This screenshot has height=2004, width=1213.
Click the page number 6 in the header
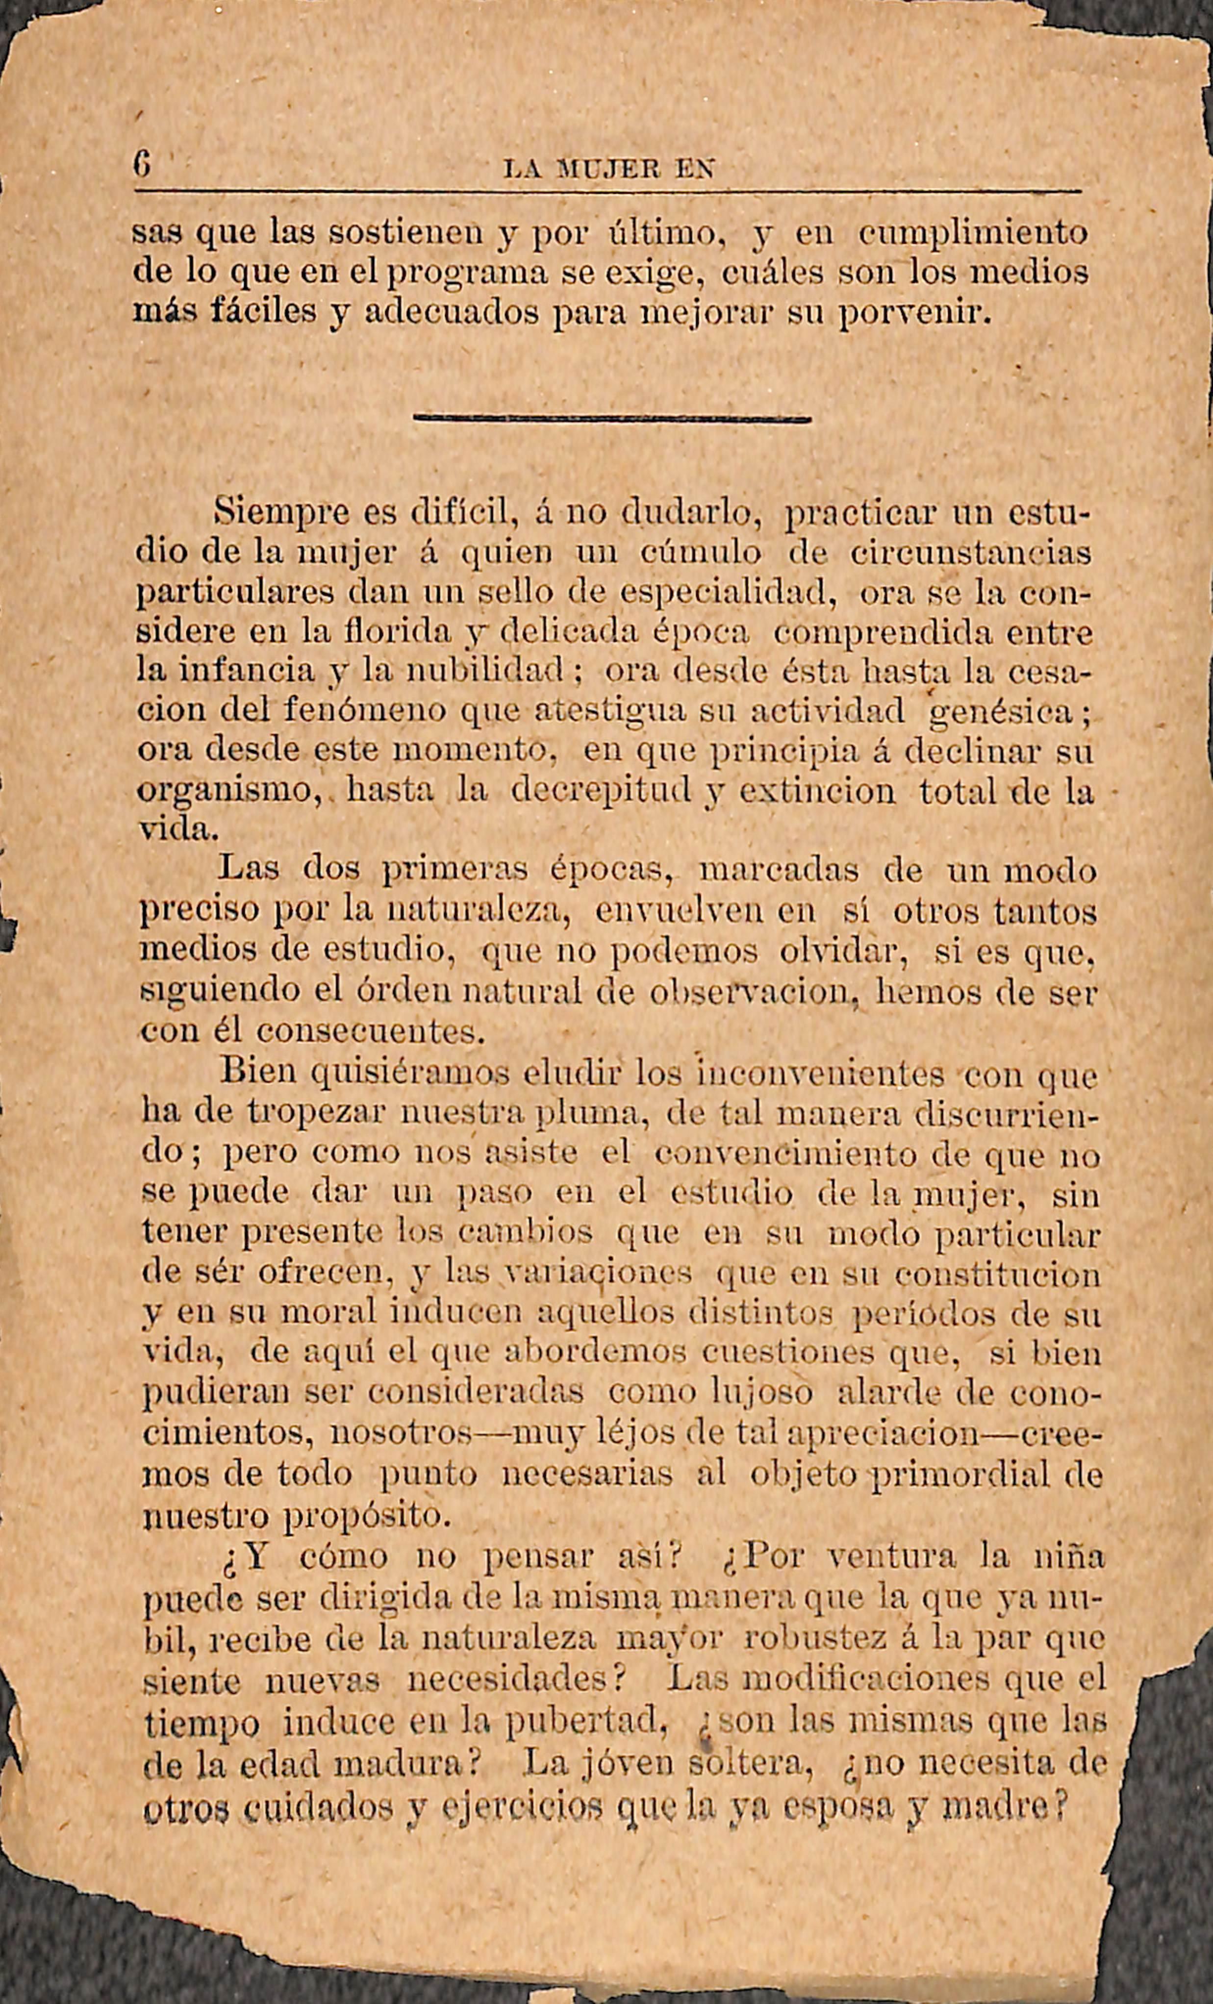142,168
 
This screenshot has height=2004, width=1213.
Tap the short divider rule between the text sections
612,419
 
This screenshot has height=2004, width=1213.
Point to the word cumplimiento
974,234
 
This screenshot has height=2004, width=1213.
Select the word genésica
1007,712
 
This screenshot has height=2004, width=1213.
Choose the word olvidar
844,952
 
